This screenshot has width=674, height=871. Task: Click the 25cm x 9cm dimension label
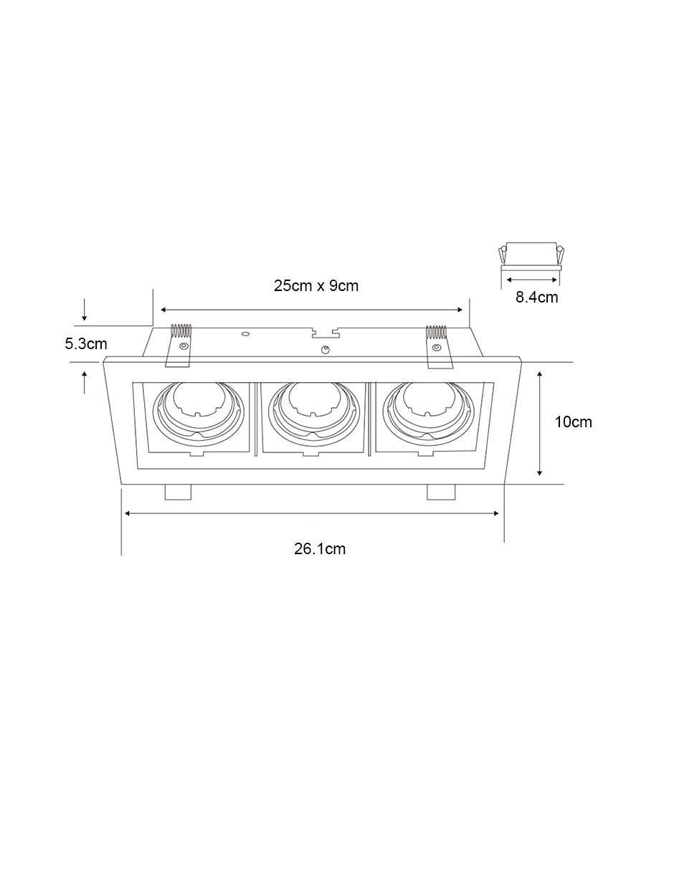pyautogui.click(x=315, y=286)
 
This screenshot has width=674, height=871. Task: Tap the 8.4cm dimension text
pyautogui.click(x=536, y=298)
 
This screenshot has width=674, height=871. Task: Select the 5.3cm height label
pyautogui.click(x=86, y=344)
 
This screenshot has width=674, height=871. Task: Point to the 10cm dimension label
pyautogui.click(x=573, y=422)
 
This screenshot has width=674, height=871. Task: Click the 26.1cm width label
pyautogui.click(x=320, y=548)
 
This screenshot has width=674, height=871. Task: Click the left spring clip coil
pyautogui.click(x=181, y=330)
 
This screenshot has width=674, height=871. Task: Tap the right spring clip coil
pyautogui.click(x=436, y=332)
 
